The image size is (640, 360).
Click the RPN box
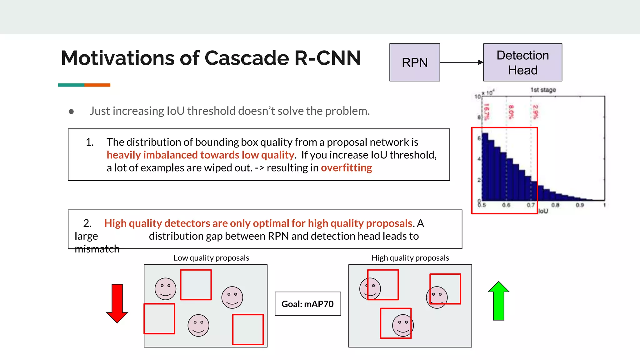click(x=414, y=62)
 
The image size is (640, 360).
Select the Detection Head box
click(x=522, y=62)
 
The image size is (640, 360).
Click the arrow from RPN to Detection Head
click(x=461, y=62)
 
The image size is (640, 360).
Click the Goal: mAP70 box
click(x=307, y=304)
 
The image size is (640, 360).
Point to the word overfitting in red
click(x=346, y=168)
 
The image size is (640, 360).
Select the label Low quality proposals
click(x=211, y=258)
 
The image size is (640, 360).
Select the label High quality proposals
click(x=410, y=258)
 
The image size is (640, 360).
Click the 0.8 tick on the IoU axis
click(x=555, y=205)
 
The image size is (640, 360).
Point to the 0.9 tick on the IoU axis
click(x=580, y=205)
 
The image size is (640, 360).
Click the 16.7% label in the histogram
click(x=486, y=112)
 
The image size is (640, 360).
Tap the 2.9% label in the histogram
click(x=536, y=112)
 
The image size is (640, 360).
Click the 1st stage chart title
click(x=543, y=90)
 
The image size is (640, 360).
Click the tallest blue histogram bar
click(x=485, y=167)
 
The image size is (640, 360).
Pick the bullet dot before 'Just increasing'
click(x=71, y=112)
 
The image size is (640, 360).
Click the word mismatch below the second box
click(x=97, y=249)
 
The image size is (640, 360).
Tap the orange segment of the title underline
click(x=97, y=85)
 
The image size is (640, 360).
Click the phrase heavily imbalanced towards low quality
click(x=200, y=155)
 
